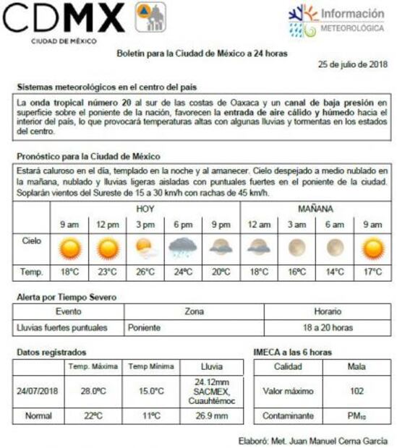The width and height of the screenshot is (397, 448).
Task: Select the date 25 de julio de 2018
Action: click(x=353, y=64)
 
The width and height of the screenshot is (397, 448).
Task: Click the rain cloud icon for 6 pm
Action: click(x=183, y=249)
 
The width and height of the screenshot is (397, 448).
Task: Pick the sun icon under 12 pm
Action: click(x=107, y=249)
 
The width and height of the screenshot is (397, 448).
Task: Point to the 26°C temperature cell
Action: click(x=145, y=272)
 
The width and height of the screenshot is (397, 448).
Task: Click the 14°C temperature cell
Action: click(x=334, y=272)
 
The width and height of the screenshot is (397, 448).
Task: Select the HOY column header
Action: click(x=145, y=208)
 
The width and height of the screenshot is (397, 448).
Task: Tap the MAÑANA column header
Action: click(x=315, y=208)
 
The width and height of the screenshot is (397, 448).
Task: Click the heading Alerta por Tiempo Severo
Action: click(x=66, y=297)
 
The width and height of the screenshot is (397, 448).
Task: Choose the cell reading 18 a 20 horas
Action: click(x=328, y=327)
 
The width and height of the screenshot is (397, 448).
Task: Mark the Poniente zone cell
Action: click(x=145, y=327)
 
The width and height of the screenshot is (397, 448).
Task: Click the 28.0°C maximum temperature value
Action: click(x=93, y=391)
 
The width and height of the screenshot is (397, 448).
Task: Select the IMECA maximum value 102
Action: click(x=356, y=391)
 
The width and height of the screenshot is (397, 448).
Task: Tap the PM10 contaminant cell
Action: click(x=356, y=416)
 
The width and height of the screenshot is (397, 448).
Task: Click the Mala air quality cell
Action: click(x=356, y=366)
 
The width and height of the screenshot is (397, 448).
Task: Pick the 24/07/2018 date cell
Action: click(x=38, y=391)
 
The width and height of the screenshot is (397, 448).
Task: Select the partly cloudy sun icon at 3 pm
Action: click(x=145, y=249)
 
